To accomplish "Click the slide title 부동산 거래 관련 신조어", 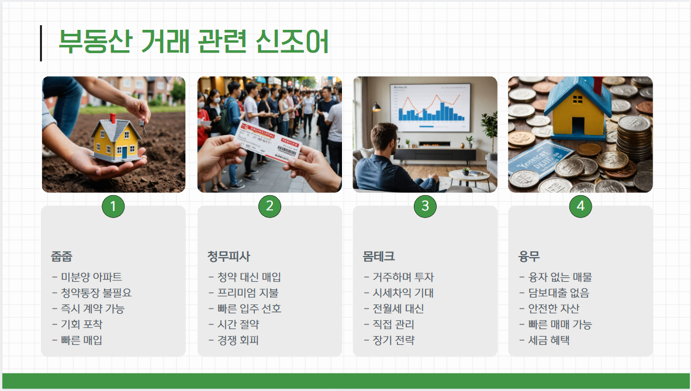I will (x=194, y=42).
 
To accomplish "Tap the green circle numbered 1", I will (x=113, y=206).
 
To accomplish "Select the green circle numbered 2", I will (x=270, y=206).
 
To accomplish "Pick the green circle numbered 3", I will (x=425, y=206).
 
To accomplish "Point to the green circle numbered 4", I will (x=581, y=206).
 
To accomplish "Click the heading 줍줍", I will (x=62, y=257).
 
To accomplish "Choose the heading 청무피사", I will (x=229, y=257).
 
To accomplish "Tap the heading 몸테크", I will (x=379, y=257).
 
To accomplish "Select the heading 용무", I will (x=529, y=257).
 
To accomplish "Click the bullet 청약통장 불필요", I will (x=92, y=293).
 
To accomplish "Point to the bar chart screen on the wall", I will (x=430, y=106).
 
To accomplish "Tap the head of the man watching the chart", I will (x=386, y=138).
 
